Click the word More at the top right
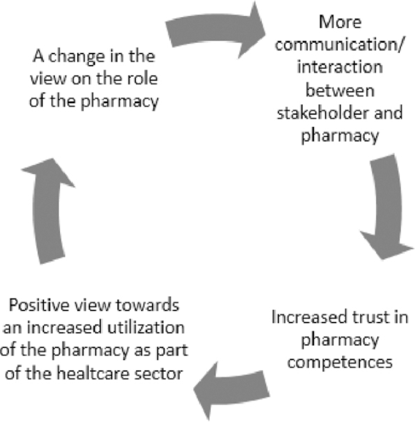click(340, 22)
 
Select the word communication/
click(339, 45)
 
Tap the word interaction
click(340, 67)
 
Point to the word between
click(340, 90)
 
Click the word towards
click(147, 305)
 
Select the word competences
click(340, 362)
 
